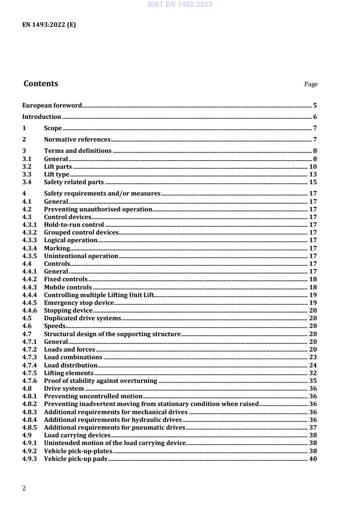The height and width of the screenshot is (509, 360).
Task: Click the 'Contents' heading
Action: point(41,83)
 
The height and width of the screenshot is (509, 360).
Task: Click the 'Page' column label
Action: point(311,84)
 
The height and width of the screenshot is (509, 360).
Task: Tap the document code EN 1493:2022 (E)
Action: point(49,25)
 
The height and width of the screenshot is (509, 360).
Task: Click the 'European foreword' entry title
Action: point(52,106)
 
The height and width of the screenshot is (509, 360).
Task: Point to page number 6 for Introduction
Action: point(315,117)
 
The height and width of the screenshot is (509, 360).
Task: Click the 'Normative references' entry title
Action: point(77,140)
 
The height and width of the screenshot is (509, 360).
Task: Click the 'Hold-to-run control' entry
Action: point(74,225)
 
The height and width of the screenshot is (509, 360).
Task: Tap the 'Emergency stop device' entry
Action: point(79,303)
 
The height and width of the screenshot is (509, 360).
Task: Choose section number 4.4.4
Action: point(30,295)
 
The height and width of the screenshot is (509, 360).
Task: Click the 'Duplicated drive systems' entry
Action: point(82,318)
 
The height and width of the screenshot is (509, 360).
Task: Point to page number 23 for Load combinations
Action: point(313,357)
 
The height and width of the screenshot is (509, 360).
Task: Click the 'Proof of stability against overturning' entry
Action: point(100,381)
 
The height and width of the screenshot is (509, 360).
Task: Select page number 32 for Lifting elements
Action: point(313,373)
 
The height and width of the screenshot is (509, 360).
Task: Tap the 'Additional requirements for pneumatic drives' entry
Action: point(114,427)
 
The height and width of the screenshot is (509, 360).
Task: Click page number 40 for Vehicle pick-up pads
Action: point(313,459)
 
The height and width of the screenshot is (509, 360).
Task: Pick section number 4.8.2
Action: point(30,404)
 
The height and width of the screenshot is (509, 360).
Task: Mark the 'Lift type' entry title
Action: point(56,175)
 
